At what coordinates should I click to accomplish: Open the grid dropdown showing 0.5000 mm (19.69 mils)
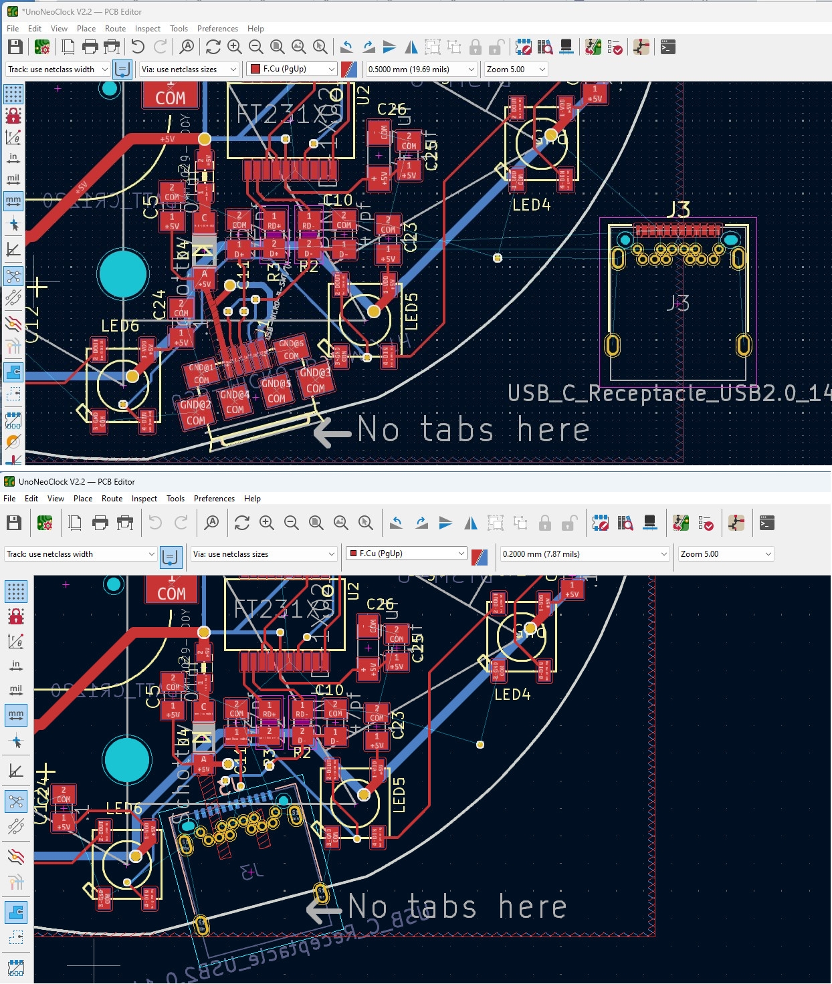(x=421, y=70)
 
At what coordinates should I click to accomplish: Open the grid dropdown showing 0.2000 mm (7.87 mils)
(x=585, y=554)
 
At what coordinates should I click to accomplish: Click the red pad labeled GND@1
(x=201, y=373)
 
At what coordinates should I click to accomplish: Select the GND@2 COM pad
(x=195, y=412)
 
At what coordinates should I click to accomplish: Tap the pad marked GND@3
(x=315, y=380)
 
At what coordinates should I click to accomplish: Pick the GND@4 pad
(x=235, y=402)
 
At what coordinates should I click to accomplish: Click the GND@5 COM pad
(x=276, y=390)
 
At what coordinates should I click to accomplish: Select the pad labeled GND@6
(x=291, y=349)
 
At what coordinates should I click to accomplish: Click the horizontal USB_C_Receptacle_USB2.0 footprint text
(x=669, y=393)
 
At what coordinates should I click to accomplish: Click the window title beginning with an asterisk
(x=82, y=11)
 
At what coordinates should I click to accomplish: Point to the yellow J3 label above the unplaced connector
(x=678, y=210)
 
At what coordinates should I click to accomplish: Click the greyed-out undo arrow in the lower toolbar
(x=155, y=523)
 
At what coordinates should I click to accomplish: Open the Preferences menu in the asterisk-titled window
(x=217, y=29)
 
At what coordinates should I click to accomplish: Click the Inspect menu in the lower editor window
(x=144, y=499)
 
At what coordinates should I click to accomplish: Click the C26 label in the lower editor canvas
(x=380, y=604)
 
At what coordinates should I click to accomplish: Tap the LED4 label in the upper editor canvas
(x=531, y=205)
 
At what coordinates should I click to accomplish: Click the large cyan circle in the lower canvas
(x=126, y=760)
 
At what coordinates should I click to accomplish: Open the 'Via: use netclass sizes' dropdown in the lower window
(x=264, y=554)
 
